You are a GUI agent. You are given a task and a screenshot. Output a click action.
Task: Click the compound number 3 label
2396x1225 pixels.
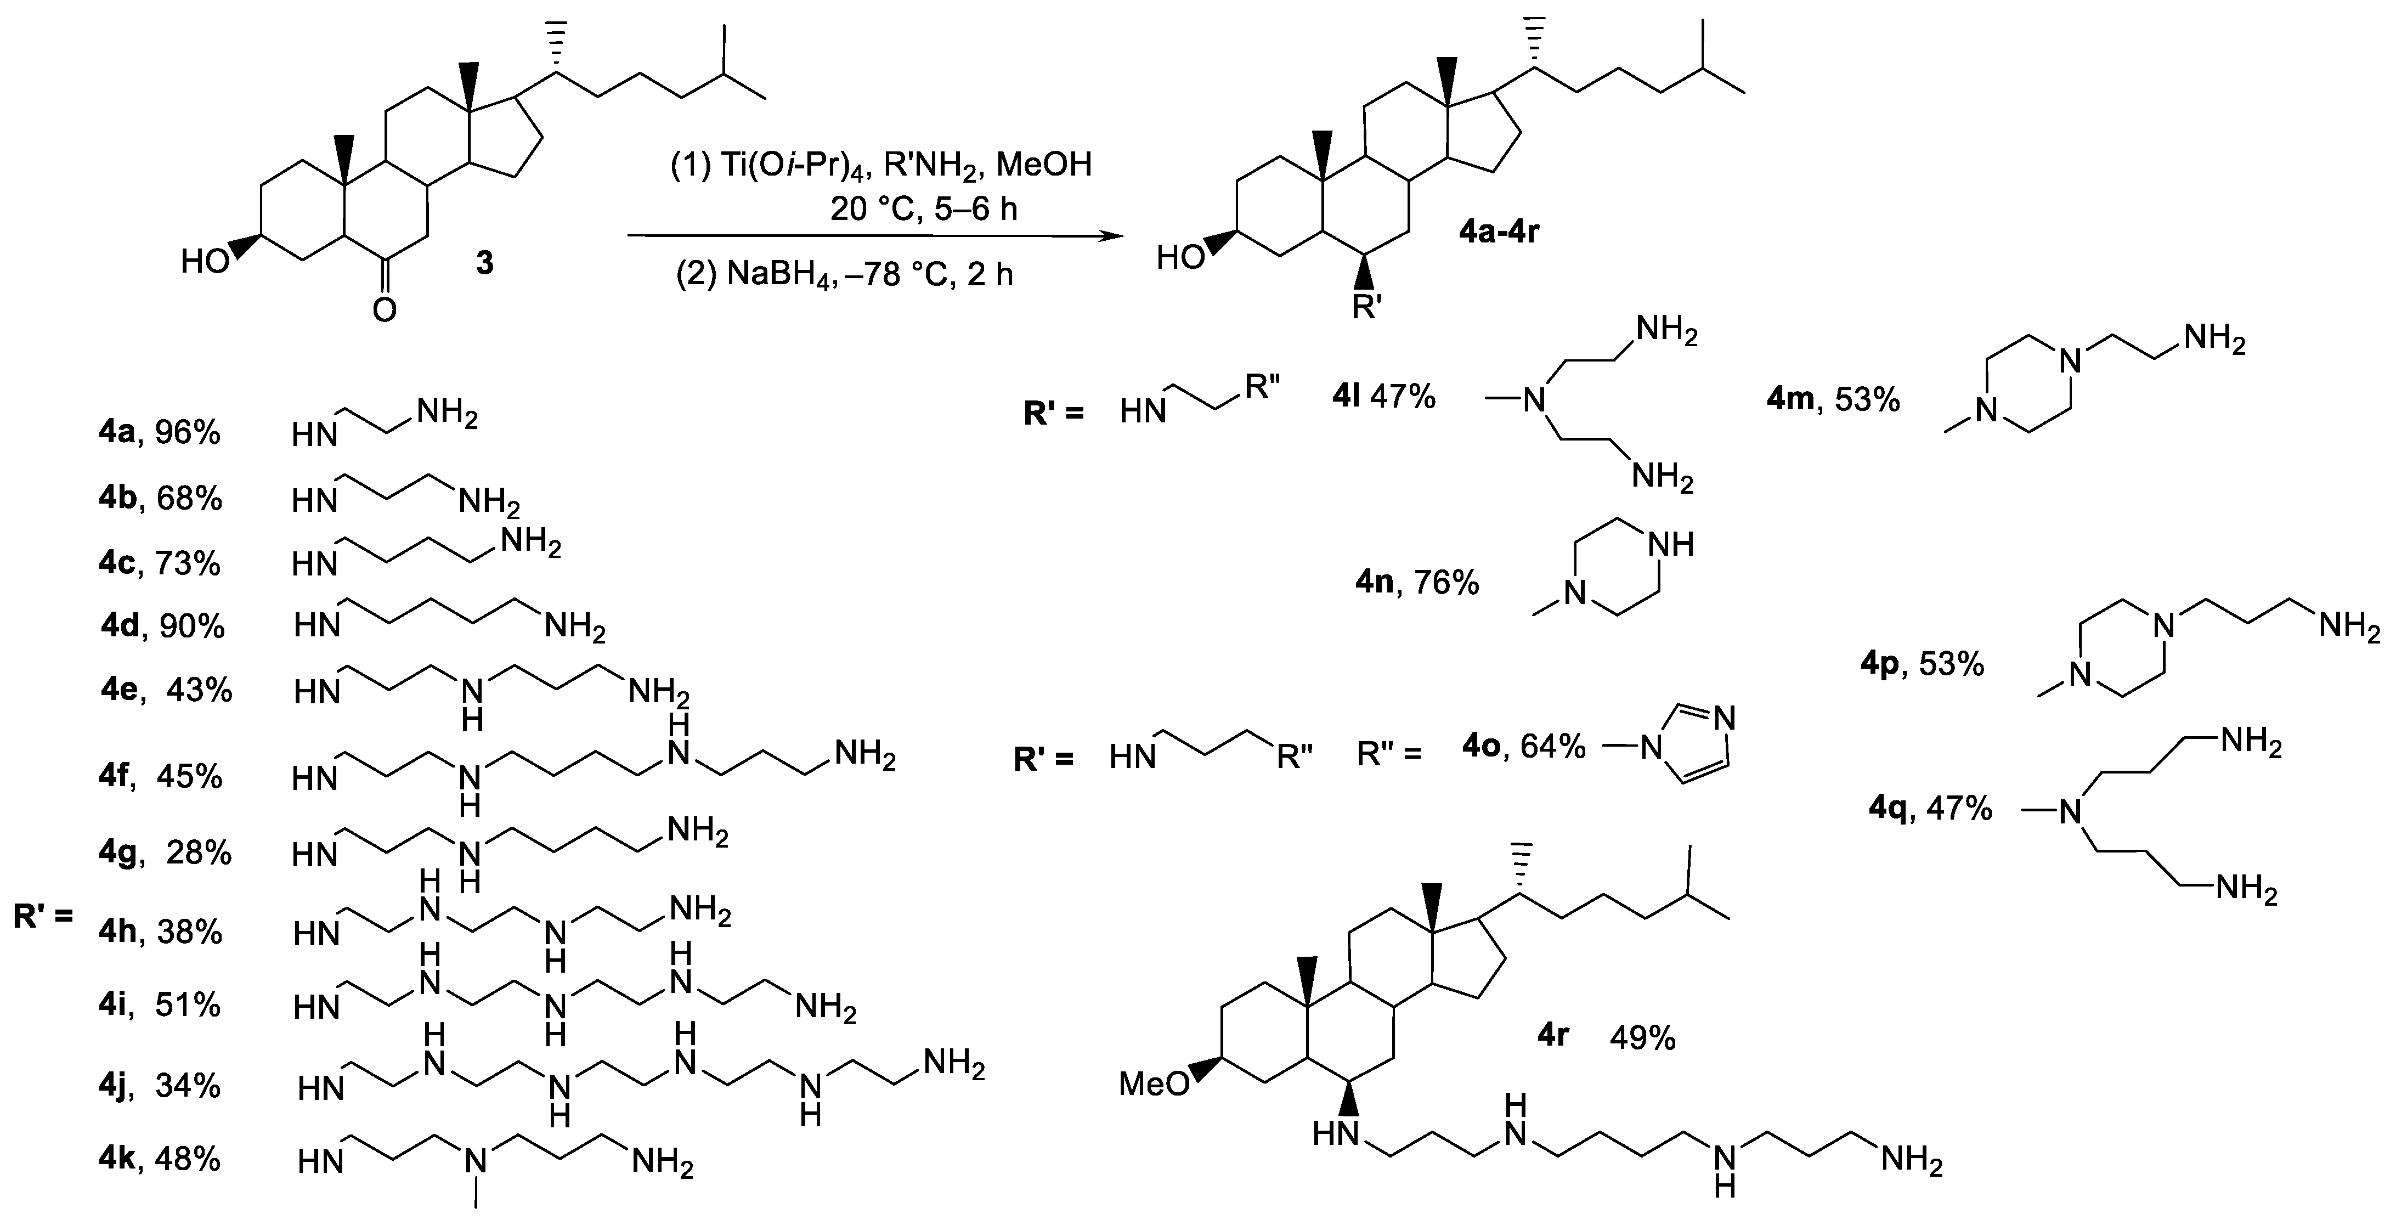(x=484, y=264)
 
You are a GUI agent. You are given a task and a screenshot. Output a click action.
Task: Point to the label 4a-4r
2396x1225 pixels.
(x=1499, y=230)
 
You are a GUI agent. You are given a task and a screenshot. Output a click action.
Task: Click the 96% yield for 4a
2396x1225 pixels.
(x=188, y=432)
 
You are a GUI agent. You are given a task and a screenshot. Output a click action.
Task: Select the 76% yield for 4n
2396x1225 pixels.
(x=1446, y=583)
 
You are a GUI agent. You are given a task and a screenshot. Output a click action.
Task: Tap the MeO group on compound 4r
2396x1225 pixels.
(x=1154, y=1083)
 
